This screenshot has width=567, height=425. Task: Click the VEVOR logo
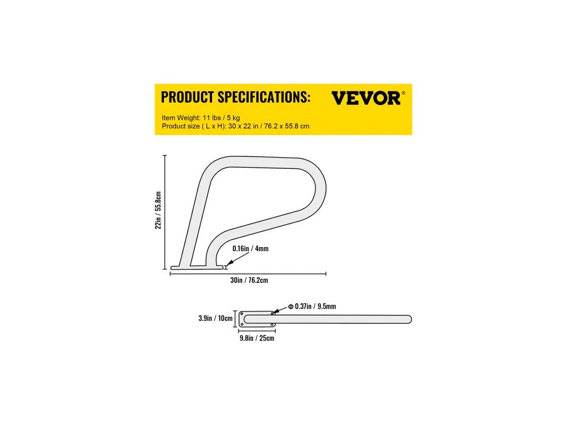point(365,98)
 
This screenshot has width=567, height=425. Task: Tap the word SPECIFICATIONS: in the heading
point(263,97)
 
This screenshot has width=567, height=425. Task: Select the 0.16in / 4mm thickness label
point(250,248)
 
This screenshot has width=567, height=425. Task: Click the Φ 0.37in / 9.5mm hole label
point(312,306)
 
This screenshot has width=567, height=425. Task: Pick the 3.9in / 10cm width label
point(216,319)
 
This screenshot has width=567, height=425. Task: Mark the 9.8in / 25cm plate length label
point(256,338)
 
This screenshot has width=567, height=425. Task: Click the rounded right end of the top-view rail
point(409,319)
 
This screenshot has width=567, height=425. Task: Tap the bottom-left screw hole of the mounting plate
point(242,324)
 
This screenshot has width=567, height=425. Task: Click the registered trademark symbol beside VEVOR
point(403,93)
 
